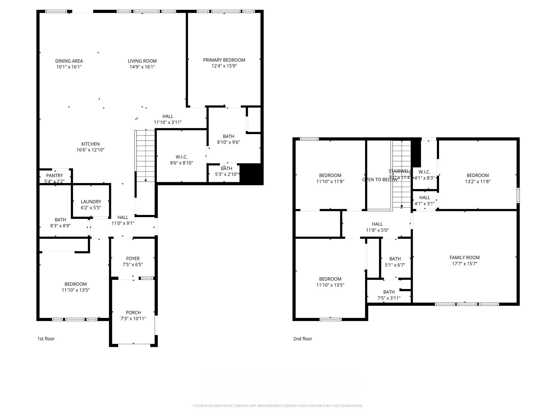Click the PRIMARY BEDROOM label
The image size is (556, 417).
pos(224,60)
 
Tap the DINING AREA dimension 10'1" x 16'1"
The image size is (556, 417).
pos(69,67)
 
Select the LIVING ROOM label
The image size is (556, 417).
pos(142,61)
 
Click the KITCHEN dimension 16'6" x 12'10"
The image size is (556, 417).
pos(90,150)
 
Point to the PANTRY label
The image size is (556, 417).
pos(54,175)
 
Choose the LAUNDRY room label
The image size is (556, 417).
pos(91,202)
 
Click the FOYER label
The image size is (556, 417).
pos(133,259)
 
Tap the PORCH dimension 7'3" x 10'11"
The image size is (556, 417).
pos(133,318)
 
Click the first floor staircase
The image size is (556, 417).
pos(146,156)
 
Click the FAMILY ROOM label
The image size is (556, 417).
pos(465,258)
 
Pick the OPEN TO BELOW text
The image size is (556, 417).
pos(379,180)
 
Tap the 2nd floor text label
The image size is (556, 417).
pos(302,339)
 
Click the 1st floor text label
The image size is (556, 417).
pos(46,339)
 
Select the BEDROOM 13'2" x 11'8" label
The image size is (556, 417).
pos(478,176)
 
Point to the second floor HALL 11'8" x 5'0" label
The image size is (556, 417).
pos(377,224)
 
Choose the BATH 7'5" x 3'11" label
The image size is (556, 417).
pos(389,292)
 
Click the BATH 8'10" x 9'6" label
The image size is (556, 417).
pos(228,136)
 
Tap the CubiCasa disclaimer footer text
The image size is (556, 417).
pos(278,406)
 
